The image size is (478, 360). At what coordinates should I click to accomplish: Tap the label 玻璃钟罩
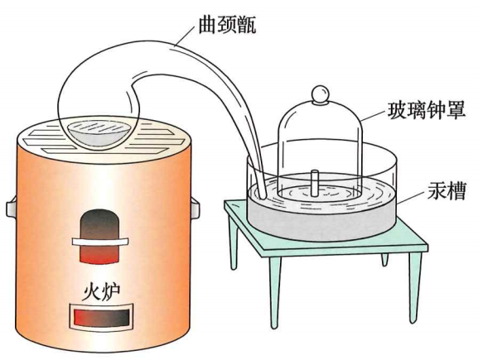[427, 110]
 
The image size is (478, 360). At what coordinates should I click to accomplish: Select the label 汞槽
[447, 191]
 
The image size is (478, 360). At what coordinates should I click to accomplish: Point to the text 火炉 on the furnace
[101, 292]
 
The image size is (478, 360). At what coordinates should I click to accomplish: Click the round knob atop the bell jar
[320, 94]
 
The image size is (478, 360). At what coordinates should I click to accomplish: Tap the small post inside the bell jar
[315, 184]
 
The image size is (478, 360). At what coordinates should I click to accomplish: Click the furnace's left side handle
[12, 208]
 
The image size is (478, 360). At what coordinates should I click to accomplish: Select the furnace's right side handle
[196, 208]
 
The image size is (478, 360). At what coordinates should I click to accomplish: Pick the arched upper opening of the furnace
[99, 235]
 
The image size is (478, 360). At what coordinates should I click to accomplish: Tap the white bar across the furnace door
[100, 242]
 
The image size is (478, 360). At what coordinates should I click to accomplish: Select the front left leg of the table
[275, 291]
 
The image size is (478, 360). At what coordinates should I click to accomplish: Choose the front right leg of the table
[415, 286]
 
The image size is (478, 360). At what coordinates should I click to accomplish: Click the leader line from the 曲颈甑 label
[184, 36]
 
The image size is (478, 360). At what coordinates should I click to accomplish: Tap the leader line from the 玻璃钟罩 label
[374, 116]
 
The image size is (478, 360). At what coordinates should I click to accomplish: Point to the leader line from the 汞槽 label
[411, 197]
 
